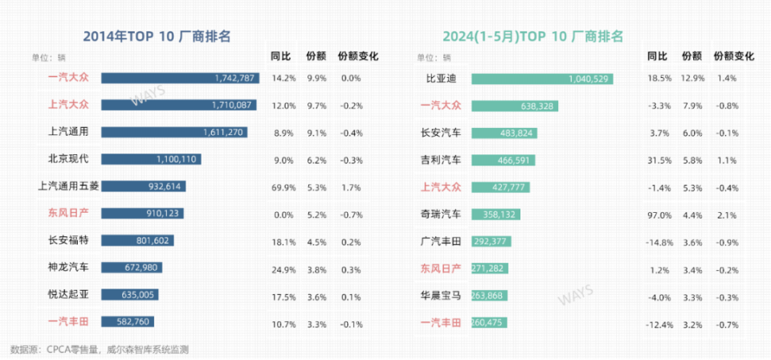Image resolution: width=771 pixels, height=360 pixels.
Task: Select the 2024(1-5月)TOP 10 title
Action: coord(533,36)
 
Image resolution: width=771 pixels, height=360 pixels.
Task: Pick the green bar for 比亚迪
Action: coord(542,79)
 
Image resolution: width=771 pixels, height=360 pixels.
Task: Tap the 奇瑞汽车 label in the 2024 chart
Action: coord(442,214)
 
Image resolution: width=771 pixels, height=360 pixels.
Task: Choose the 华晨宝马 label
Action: coord(442,295)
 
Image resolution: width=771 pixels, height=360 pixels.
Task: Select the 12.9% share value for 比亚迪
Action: coord(693,79)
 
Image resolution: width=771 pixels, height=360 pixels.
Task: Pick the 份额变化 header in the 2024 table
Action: coord(733,56)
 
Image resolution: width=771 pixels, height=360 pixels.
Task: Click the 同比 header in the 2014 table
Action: coord(280,56)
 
